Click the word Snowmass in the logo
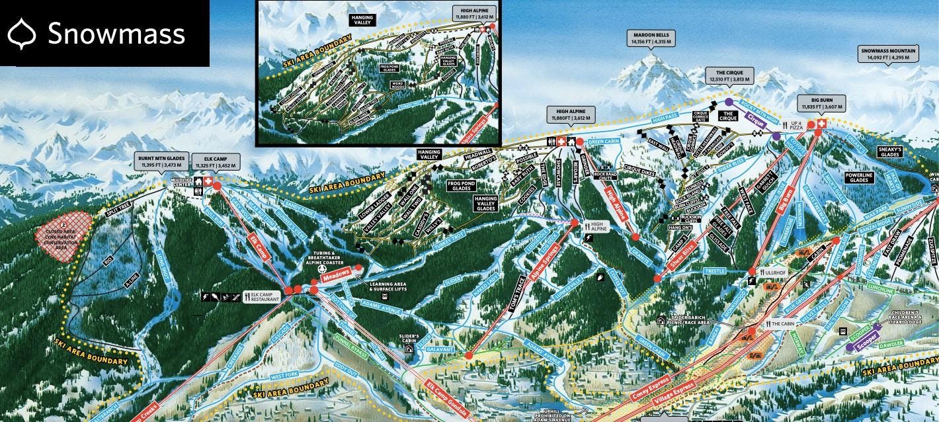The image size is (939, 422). (x=116, y=33)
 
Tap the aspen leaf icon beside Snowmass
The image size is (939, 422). (x=24, y=33)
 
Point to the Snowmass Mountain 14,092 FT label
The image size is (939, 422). (x=887, y=54)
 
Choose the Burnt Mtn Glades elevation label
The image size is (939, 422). (x=161, y=161)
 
